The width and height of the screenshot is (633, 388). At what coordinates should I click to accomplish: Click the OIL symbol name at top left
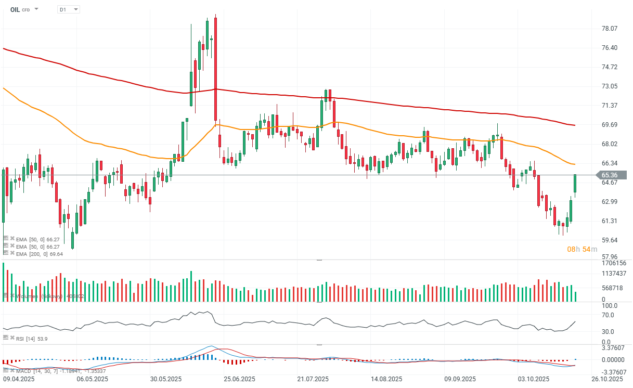[15, 9]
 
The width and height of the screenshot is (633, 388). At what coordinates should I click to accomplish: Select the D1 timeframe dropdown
[68, 9]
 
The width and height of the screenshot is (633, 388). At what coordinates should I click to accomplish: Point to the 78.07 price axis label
[609, 29]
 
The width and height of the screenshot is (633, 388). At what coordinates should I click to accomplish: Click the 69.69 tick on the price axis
[609, 125]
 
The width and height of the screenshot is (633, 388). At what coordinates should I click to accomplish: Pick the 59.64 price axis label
[609, 240]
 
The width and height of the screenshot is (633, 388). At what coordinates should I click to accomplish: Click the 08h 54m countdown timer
[582, 250]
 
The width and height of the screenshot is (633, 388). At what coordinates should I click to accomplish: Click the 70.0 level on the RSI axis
[608, 315]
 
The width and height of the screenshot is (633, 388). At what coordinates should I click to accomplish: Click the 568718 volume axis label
[611, 288]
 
